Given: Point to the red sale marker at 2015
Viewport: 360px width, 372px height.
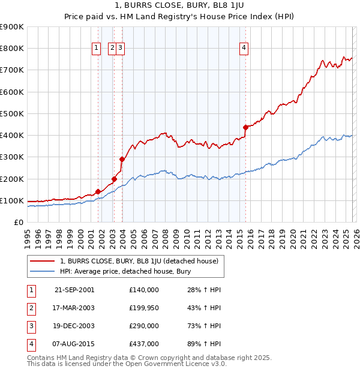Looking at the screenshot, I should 245,127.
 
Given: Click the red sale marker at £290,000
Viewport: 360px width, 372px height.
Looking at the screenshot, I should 122,159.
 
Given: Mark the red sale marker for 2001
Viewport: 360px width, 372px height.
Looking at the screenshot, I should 98,192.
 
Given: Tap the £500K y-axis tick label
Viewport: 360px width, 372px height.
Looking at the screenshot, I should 12,113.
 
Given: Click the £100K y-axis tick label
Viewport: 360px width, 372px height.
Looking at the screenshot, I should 12,200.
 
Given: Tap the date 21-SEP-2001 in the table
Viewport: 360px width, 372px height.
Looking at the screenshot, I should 74,290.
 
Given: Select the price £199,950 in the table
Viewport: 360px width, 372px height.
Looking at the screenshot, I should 144,308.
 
